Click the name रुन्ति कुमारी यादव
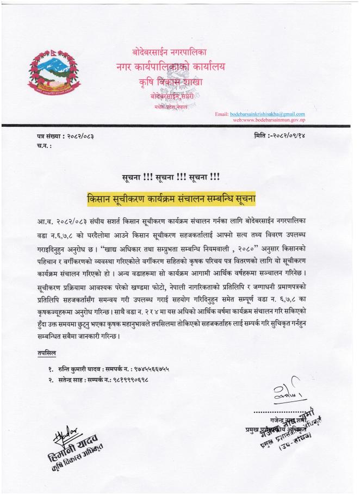tap(80, 369)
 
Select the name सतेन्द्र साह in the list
tap(71, 379)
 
